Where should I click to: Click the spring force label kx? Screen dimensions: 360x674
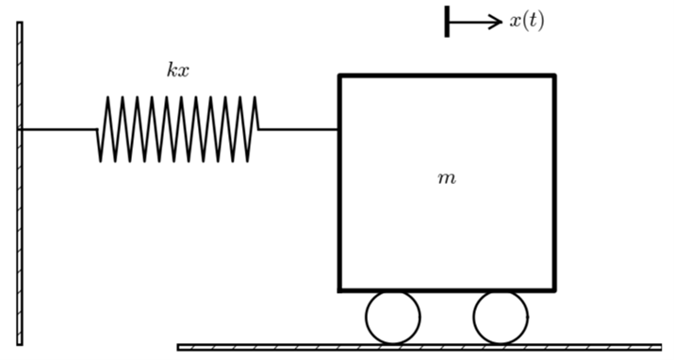pyautogui.click(x=178, y=70)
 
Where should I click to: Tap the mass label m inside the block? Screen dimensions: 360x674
pyautogui.click(x=447, y=178)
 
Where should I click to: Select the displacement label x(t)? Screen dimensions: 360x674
pyautogui.click(x=526, y=21)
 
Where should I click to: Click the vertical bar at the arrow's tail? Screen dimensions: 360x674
pyautogui.click(x=447, y=21)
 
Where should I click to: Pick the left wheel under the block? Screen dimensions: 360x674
pyautogui.click(x=393, y=318)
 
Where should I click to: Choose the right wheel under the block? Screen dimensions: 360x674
pyautogui.click(x=501, y=318)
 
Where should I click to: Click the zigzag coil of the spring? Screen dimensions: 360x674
pyautogui.click(x=178, y=129)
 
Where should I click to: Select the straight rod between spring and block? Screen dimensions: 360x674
pyautogui.click(x=299, y=129)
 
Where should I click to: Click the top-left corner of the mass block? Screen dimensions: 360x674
pyautogui.click(x=340, y=76)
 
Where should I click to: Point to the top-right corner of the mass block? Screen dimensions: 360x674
pyautogui.click(x=553, y=76)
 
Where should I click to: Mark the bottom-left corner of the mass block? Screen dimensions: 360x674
pyautogui.click(x=340, y=289)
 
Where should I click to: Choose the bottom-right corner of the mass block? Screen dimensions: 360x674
pyautogui.click(x=553, y=289)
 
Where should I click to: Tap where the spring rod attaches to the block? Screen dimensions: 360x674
pyautogui.click(x=339, y=129)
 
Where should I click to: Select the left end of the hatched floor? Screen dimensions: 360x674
pyautogui.click(x=180, y=347)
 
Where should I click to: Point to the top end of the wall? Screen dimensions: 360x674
pyautogui.click(x=20, y=25)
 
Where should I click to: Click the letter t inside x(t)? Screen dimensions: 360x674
pyautogui.click(x=531, y=21)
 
